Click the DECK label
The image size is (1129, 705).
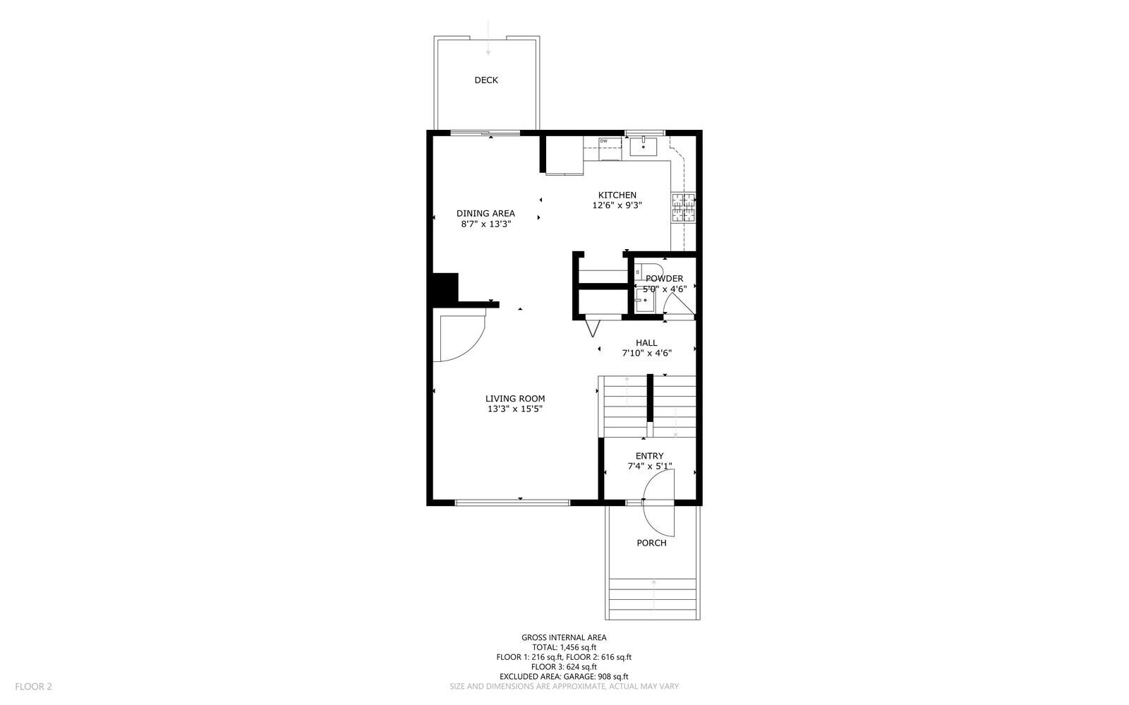click(x=485, y=80)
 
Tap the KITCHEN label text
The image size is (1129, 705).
click(x=617, y=195)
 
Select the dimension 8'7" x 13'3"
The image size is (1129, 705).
click(x=485, y=224)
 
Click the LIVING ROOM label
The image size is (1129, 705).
click(x=515, y=399)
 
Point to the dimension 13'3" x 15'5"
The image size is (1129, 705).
click(x=515, y=409)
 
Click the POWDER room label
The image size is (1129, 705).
click(x=664, y=279)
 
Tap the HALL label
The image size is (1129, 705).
click(x=646, y=343)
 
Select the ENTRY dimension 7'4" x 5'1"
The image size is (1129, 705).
click(x=650, y=466)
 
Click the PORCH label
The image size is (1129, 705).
click(x=651, y=543)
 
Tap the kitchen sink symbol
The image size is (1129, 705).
click(x=644, y=147)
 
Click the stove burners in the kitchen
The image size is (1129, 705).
click(x=682, y=207)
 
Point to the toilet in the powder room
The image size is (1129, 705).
click(x=650, y=272)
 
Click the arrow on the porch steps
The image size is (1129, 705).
click(x=654, y=593)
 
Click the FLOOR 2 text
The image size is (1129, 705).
click(x=34, y=686)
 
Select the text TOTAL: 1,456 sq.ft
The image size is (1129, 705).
click(x=564, y=647)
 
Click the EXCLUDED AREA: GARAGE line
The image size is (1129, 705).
click(x=564, y=676)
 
